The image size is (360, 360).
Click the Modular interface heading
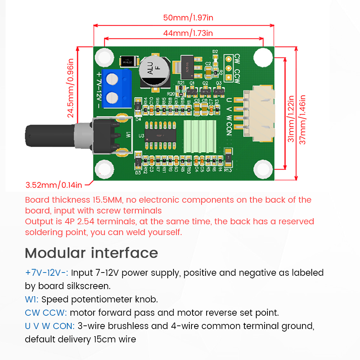pos(91,253)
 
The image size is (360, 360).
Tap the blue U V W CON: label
pos(50,326)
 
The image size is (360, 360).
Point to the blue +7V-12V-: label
pos(47,273)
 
